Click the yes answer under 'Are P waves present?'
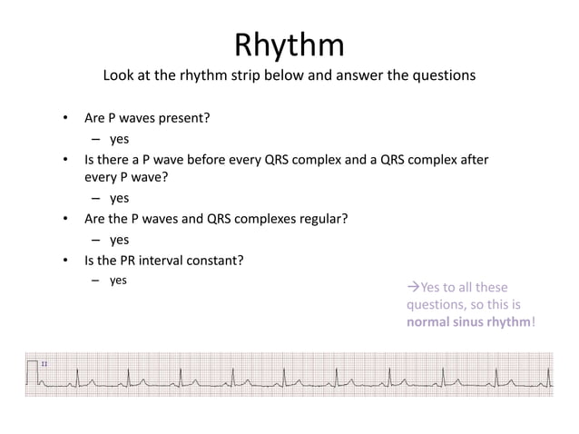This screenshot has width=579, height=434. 119,140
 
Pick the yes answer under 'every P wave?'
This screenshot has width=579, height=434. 119,198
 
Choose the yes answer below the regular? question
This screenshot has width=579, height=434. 119,240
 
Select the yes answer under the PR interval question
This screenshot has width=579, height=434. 119,281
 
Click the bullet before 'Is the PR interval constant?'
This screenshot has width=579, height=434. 64,261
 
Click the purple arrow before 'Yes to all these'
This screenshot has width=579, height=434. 413,288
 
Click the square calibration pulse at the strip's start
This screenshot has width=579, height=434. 34,371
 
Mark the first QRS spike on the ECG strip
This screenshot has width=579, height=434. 78,372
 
